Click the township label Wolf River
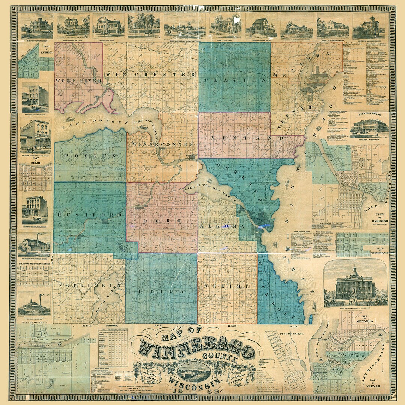78,81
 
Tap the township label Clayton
235,80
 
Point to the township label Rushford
90,215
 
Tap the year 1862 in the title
195,390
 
